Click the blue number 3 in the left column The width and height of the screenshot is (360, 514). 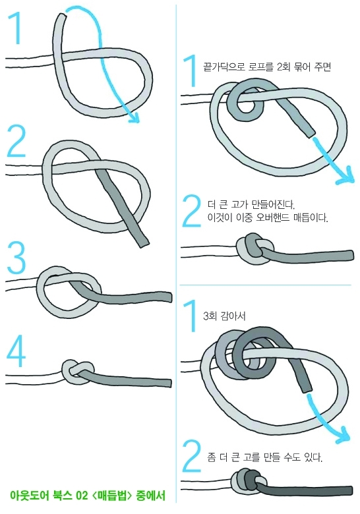pyautogui.click(x=16, y=258)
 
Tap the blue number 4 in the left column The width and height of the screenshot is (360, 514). pyautogui.click(x=16, y=351)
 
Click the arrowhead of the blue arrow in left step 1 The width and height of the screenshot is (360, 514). pyautogui.click(x=134, y=117)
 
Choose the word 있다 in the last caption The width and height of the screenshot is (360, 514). pyautogui.click(x=314, y=457)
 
